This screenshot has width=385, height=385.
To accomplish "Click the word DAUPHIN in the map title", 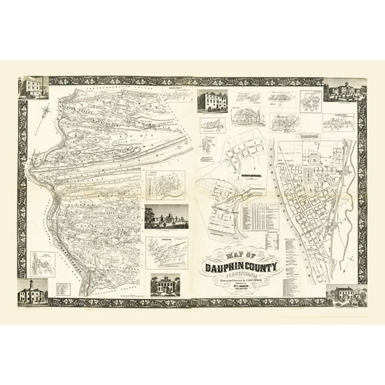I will pyautogui.click(x=221, y=269).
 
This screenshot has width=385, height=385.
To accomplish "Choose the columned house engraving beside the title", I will pyautogui.click(x=166, y=285).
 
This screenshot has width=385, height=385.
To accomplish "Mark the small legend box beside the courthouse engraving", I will pyautogui.click(x=62, y=289).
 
